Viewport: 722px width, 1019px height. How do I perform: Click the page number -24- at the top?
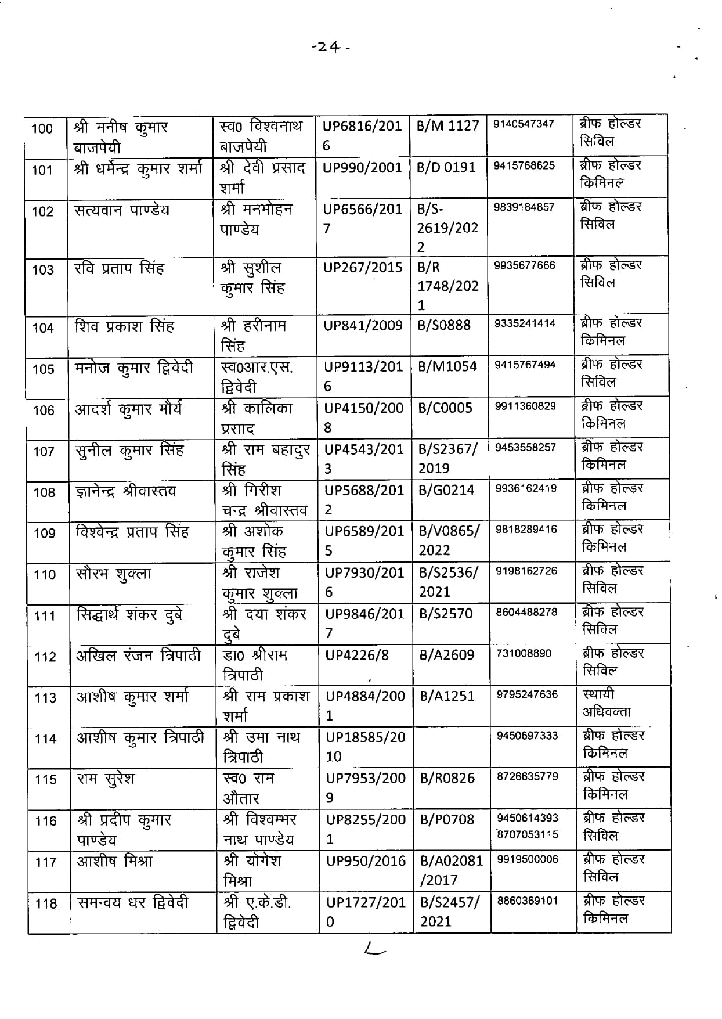click(x=331, y=48)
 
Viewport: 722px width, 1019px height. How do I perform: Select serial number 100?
click(x=42, y=128)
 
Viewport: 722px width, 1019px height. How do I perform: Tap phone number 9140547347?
click(x=524, y=124)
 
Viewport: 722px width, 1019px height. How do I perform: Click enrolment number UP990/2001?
click(x=363, y=168)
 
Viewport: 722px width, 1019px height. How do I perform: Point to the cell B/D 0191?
click(x=446, y=167)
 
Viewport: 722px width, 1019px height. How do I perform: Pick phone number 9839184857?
click(x=524, y=207)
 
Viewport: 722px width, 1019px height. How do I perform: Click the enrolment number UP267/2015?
click(x=363, y=268)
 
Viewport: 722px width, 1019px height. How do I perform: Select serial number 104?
click(x=43, y=328)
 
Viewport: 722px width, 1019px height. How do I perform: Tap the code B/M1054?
click(x=447, y=366)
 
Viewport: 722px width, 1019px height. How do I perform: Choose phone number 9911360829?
click(x=525, y=406)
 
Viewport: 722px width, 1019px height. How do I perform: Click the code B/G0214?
click(x=447, y=490)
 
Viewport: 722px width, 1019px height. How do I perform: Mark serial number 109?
click(x=45, y=533)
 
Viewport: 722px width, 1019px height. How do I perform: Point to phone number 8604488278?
click(x=526, y=611)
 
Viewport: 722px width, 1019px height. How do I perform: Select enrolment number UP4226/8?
click(x=357, y=656)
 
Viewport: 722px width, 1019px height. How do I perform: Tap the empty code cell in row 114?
click(x=452, y=747)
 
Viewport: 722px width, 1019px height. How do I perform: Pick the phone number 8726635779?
click(x=527, y=776)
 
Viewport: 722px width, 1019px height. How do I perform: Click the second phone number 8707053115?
click(x=528, y=834)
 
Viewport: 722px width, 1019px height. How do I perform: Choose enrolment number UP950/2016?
click(x=366, y=861)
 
